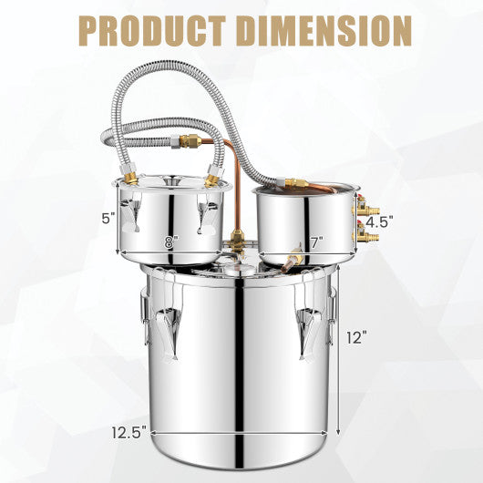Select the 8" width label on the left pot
tap(171, 243)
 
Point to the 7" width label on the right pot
tap(316, 243)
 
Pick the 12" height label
tap(356, 337)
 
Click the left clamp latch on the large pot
tap(167, 328)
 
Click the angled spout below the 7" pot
tap(293, 260)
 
